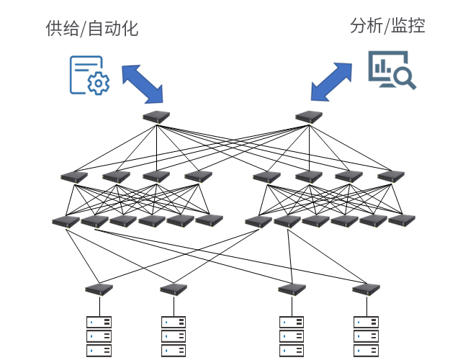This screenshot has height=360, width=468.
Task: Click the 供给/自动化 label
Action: click(x=92, y=28)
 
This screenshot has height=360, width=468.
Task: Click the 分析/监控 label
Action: click(x=387, y=26)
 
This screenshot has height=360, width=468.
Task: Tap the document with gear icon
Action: click(x=89, y=76)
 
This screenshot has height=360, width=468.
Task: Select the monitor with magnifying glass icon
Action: click(x=392, y=70)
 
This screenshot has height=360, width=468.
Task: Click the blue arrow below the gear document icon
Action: click(x=143, y=84)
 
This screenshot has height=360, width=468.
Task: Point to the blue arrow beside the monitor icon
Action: click(x=331, y=82)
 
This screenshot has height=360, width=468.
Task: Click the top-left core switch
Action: click(x=156, y=117)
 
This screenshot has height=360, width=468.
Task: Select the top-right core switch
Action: click(x=309, y=117)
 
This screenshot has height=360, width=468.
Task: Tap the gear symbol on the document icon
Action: click(x=99, y=84)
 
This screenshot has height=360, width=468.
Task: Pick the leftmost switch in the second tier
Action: click(x=74, y=176)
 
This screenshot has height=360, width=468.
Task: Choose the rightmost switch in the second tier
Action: click(x=391, y=176)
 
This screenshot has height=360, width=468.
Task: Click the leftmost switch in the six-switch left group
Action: click(x=66, y=222)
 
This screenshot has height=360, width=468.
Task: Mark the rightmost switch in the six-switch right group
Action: click(x=402, y=220)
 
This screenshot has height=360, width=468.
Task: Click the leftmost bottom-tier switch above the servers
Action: click(x=99, y=289)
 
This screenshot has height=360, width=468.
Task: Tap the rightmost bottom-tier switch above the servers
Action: click(x=366, y=289)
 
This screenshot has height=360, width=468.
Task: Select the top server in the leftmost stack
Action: click(x=99, y=323)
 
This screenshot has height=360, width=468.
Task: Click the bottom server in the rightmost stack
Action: click(x=366, y=351)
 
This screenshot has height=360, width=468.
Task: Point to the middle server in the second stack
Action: click(x=174, y=336)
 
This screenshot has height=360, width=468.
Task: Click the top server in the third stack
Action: click(x=292, y=323)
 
